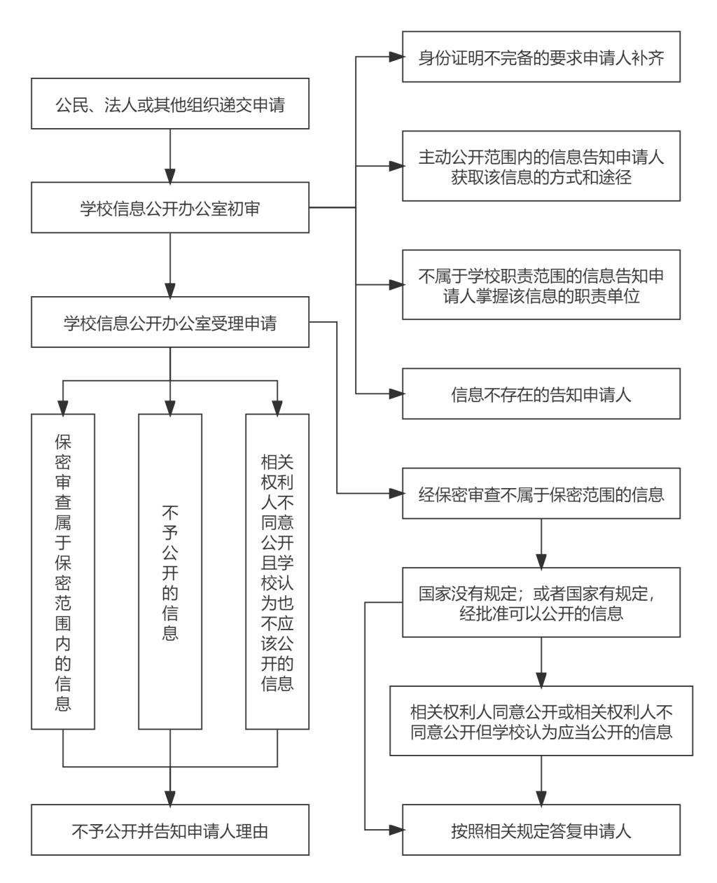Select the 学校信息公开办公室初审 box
click(x=170, y=208)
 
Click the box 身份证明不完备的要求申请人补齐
click(x=541, y=57)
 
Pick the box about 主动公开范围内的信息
click(x=541, y=167)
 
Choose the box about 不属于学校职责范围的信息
click(x=541, y=285)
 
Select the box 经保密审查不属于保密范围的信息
click(x=541, y=494)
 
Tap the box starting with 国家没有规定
click(x=541, y=604)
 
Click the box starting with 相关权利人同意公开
click(x=541, y=722)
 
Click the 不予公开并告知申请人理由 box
click(x=170, y=830)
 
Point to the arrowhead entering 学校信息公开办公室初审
click(x=170, y=175)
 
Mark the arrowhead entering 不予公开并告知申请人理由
click(x=170, y=798)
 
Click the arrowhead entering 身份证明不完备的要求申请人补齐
click(x=396, y=57)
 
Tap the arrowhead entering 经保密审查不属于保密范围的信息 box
click(x=396, y=494)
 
